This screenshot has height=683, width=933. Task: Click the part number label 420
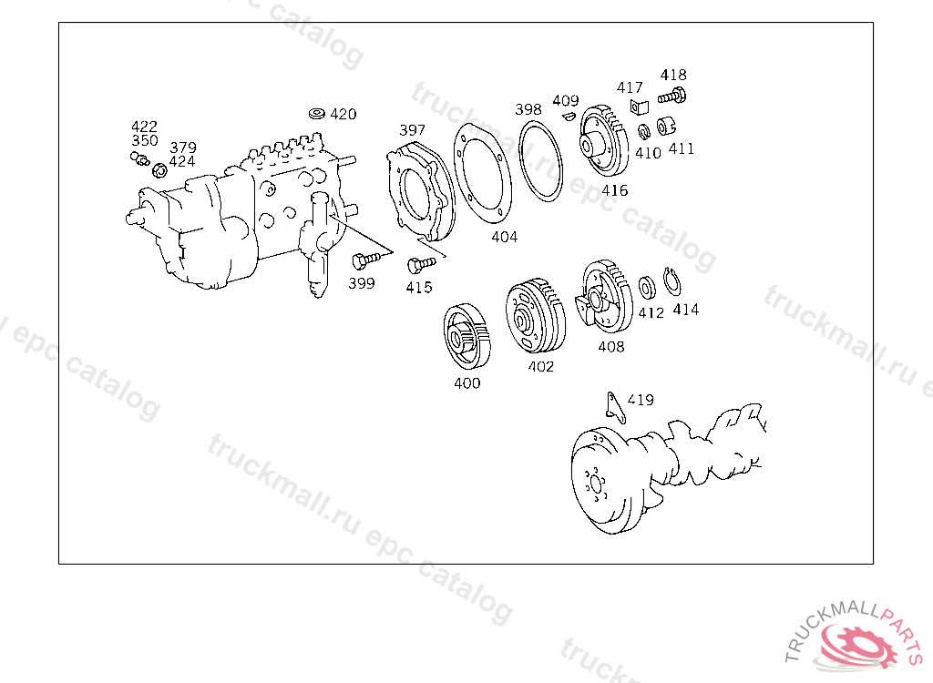click(343, 114)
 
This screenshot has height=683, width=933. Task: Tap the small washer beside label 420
click(317, 113)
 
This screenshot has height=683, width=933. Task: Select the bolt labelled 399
click(365, 260)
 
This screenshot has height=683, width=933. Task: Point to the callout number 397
click(413, 130)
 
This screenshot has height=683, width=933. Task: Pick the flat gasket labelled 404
click(482, 173)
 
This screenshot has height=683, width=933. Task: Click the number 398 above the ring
click(528, 109)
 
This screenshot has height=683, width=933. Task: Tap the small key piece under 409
click(569, 116)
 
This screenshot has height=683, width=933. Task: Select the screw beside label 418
click(672, 97)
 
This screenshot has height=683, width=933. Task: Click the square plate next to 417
click(639, 107)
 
